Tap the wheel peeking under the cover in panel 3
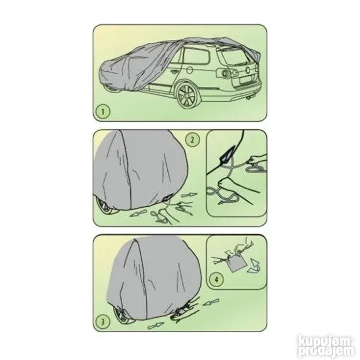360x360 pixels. pyautogui.click(x=123, y=314)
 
